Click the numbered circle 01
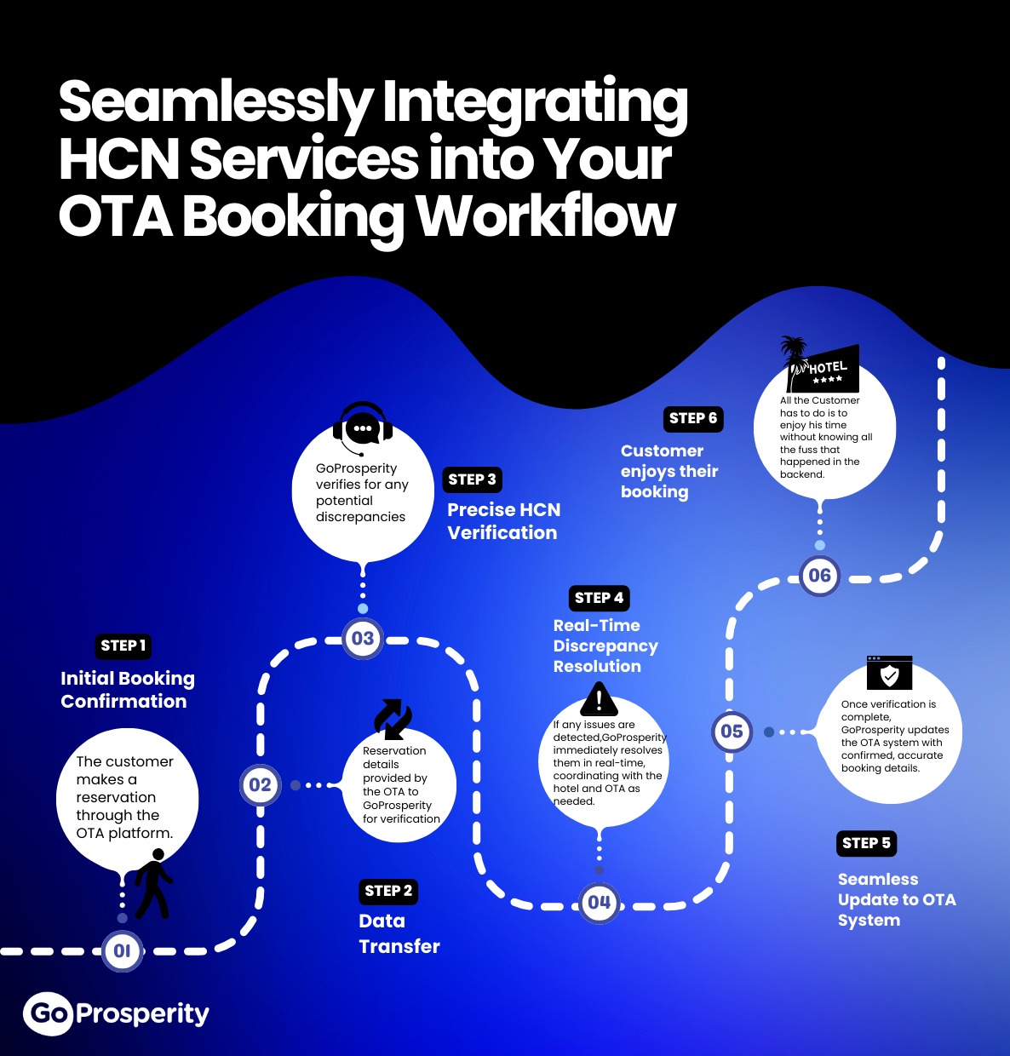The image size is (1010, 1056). (x=123, y=950)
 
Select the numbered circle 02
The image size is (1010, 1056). (x=260, y=784)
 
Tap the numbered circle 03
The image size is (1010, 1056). (x=363, y=638)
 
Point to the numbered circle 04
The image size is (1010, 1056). (x=599, y=903)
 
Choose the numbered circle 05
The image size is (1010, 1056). (x=732, y=731)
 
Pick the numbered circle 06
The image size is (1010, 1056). (x=819, y=576)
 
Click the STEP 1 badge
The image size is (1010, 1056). (x=123, y=646)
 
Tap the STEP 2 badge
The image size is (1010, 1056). (x=388, y=891)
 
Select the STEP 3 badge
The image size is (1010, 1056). (x=472, y=479)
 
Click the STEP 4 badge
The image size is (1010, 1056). (x=599, y=598)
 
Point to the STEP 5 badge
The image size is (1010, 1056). (x=866, y=843)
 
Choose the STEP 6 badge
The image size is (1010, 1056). (x=693, y=418)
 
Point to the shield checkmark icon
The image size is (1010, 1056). (x=889, y=674)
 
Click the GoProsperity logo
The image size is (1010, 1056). (x=117, y=1013)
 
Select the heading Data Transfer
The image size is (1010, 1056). (x=399, y=933)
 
